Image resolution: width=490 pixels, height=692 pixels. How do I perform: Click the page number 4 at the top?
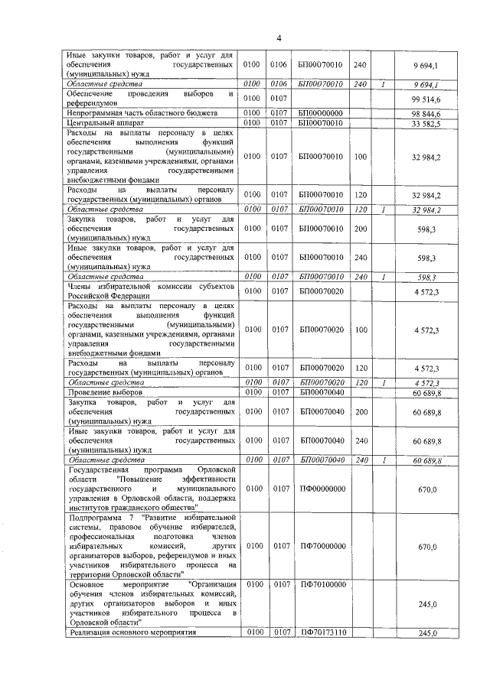pyautogui.click(x=279, y=38)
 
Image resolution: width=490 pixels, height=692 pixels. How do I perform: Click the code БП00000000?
pyautogui.click(x=320, y=113)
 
